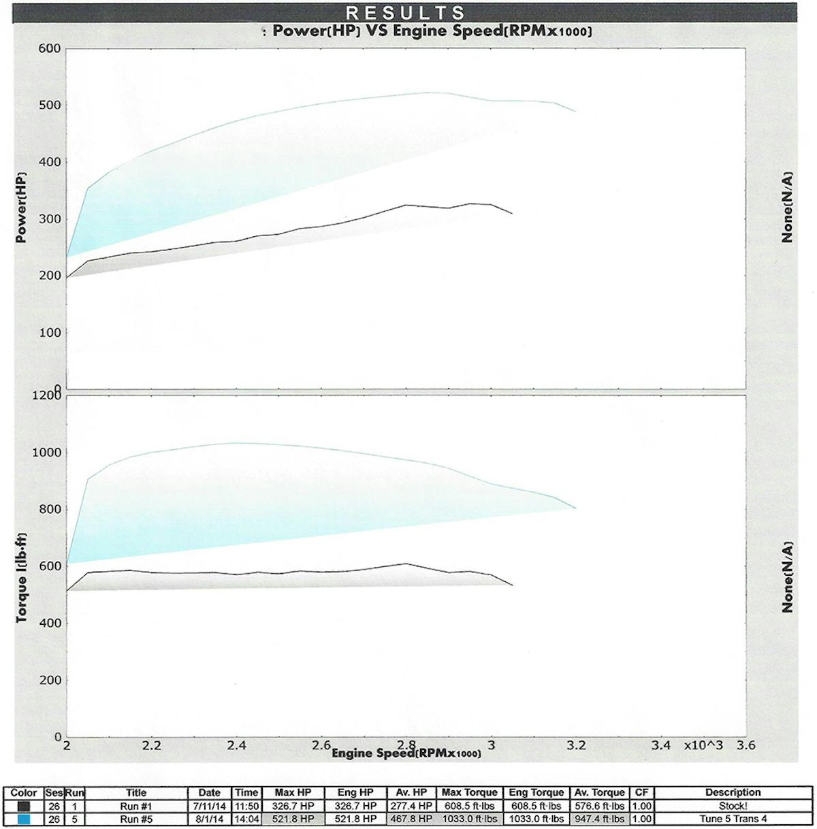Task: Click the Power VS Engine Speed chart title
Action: pyautogui.click(x=431, y=31)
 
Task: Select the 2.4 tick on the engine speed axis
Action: pyautogui.click(x=236, y=745)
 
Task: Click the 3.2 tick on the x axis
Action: pyautogui.click(x=576, y=745)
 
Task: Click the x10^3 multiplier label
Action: pyautogui.click(x=704, y=745)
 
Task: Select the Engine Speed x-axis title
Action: pyautogui.click(x=406, y=753)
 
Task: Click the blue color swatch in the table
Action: pyautogui.click(x=24, y=819)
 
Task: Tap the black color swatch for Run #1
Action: pyautogui.click(x=24, y=806)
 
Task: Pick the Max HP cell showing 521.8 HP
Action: pyautogui.click(x=293, y=819)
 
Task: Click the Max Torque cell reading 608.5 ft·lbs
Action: pyautogui.click(x=469, y=806)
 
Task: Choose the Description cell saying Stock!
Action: pyautogui.click(x=733, y=806)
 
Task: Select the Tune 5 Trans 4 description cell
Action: pyautogui.click(x=733, y=819)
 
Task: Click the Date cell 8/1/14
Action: pyautogui.click(x=209, y=819)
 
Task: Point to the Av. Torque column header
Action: pyautogui.click(x=599, y=793)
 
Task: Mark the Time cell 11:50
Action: pyautogui.click(x=246, y=806)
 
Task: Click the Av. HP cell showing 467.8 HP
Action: pyautogui.click(x=411, y=819)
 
